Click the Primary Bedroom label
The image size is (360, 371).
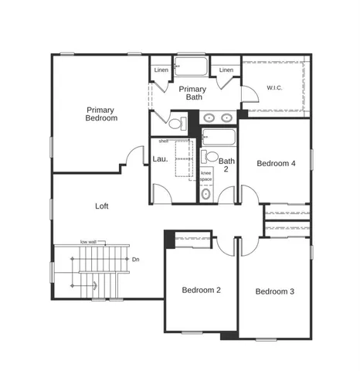coord(101,114)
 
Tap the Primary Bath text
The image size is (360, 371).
coord(192,94)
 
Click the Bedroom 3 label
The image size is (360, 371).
coord(275,291)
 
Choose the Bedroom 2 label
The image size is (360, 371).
coord(202,290)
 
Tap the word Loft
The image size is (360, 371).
coord(102,206)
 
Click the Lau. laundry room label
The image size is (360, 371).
coord(161,159)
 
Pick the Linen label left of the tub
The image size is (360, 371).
coord(161,70)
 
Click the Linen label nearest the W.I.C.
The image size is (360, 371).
coord(226,70)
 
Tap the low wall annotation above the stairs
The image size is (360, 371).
coord(88,242)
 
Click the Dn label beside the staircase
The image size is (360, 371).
coord(136,260)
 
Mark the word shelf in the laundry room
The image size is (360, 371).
coord(163,141)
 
